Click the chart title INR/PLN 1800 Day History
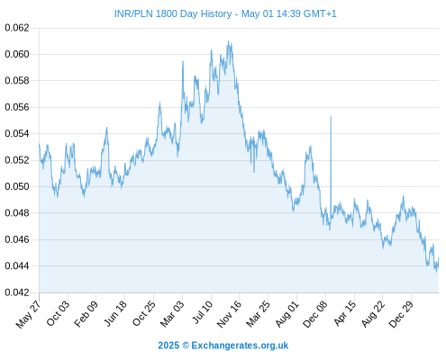tap(173, 13)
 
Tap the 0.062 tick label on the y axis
tap(17, 28)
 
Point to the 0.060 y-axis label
tap(17, 54)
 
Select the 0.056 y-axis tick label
tap(17, 107)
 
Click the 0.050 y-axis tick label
tap(17, 186)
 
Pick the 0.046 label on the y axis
tap(17, 239)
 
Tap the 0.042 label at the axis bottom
tap(17, 292)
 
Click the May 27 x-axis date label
tap(28, 314)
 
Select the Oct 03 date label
tap(58, 313)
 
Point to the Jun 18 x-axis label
tap(114, 313)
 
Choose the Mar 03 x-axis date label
tap(172, 313)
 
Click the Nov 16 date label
tap(229, 313)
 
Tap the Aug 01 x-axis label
tap(287, 313)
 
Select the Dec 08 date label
tap(315, 314)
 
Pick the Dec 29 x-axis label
tap(401, 314)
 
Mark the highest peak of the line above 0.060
tap(228, 41)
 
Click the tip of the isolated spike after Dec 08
tap(331, 116)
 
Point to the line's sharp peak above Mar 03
tap(183, 61)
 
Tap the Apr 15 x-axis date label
tap(345, 313)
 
